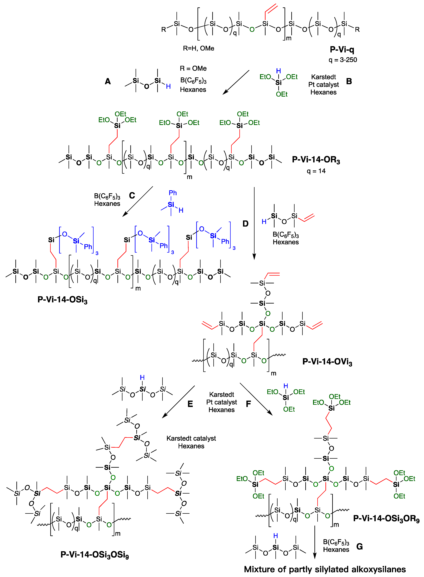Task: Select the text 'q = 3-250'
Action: (343, 60)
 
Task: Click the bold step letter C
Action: (132, 196)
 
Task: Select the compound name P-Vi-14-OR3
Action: (316, 160)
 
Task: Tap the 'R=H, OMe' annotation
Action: (198, 48)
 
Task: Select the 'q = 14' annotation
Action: (316, 171)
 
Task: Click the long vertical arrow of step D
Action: (254, 223)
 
